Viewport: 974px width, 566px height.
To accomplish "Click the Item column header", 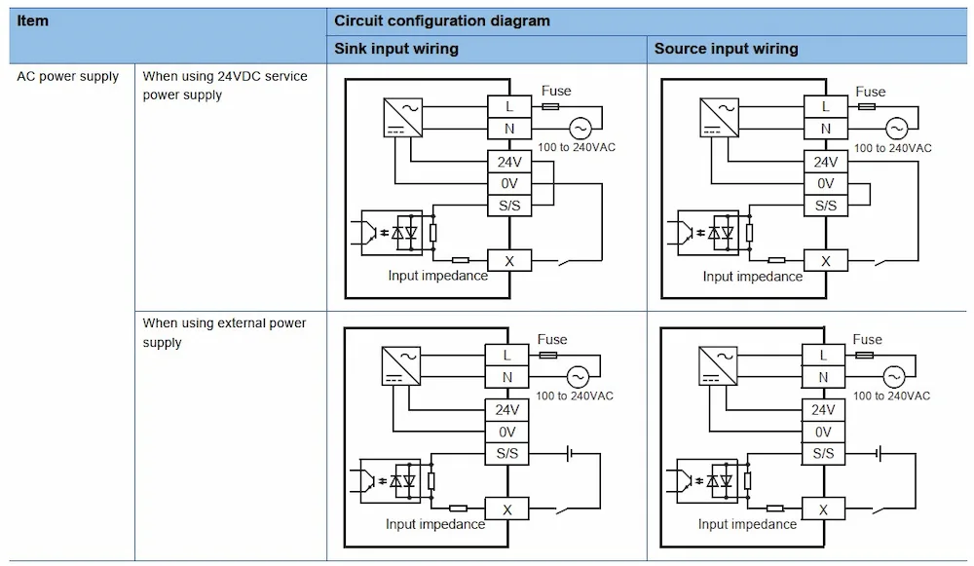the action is pos(32,21).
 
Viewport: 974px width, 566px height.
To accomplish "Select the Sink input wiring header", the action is pos(396,49).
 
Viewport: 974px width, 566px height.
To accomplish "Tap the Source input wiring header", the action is pos(727,49).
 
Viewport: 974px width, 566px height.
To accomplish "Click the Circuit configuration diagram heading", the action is pos(441,21).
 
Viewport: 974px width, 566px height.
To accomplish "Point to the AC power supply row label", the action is pos(68,76).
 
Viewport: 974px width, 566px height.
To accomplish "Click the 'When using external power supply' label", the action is pos(224,332).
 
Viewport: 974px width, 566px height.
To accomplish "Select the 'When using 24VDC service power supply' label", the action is pos(225,85).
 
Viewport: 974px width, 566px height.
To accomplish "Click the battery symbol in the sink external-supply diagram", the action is pos(570,454).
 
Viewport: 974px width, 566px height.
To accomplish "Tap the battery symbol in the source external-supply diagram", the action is pos(879,454).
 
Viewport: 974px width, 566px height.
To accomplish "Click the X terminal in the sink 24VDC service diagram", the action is pos(509,261).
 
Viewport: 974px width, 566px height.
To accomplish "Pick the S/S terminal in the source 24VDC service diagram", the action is pos(826,206).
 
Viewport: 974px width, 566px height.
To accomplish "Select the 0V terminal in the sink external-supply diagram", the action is pos(506,432).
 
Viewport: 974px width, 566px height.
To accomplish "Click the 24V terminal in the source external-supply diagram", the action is pos(823,410).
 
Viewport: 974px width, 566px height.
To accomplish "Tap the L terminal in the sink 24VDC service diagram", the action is pos(509,107).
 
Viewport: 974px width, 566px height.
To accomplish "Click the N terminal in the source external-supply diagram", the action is pos(823,377).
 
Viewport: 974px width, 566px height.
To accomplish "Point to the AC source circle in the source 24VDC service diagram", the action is pos(896,128).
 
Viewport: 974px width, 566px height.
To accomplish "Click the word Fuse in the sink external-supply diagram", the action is pos(552,340).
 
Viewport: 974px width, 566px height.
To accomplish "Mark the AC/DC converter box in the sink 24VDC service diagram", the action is pos(403,118).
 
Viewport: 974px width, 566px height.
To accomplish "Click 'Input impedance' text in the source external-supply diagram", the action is pos(747,524).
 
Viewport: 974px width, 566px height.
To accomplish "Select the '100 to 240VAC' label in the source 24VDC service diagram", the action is pos(892,148).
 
